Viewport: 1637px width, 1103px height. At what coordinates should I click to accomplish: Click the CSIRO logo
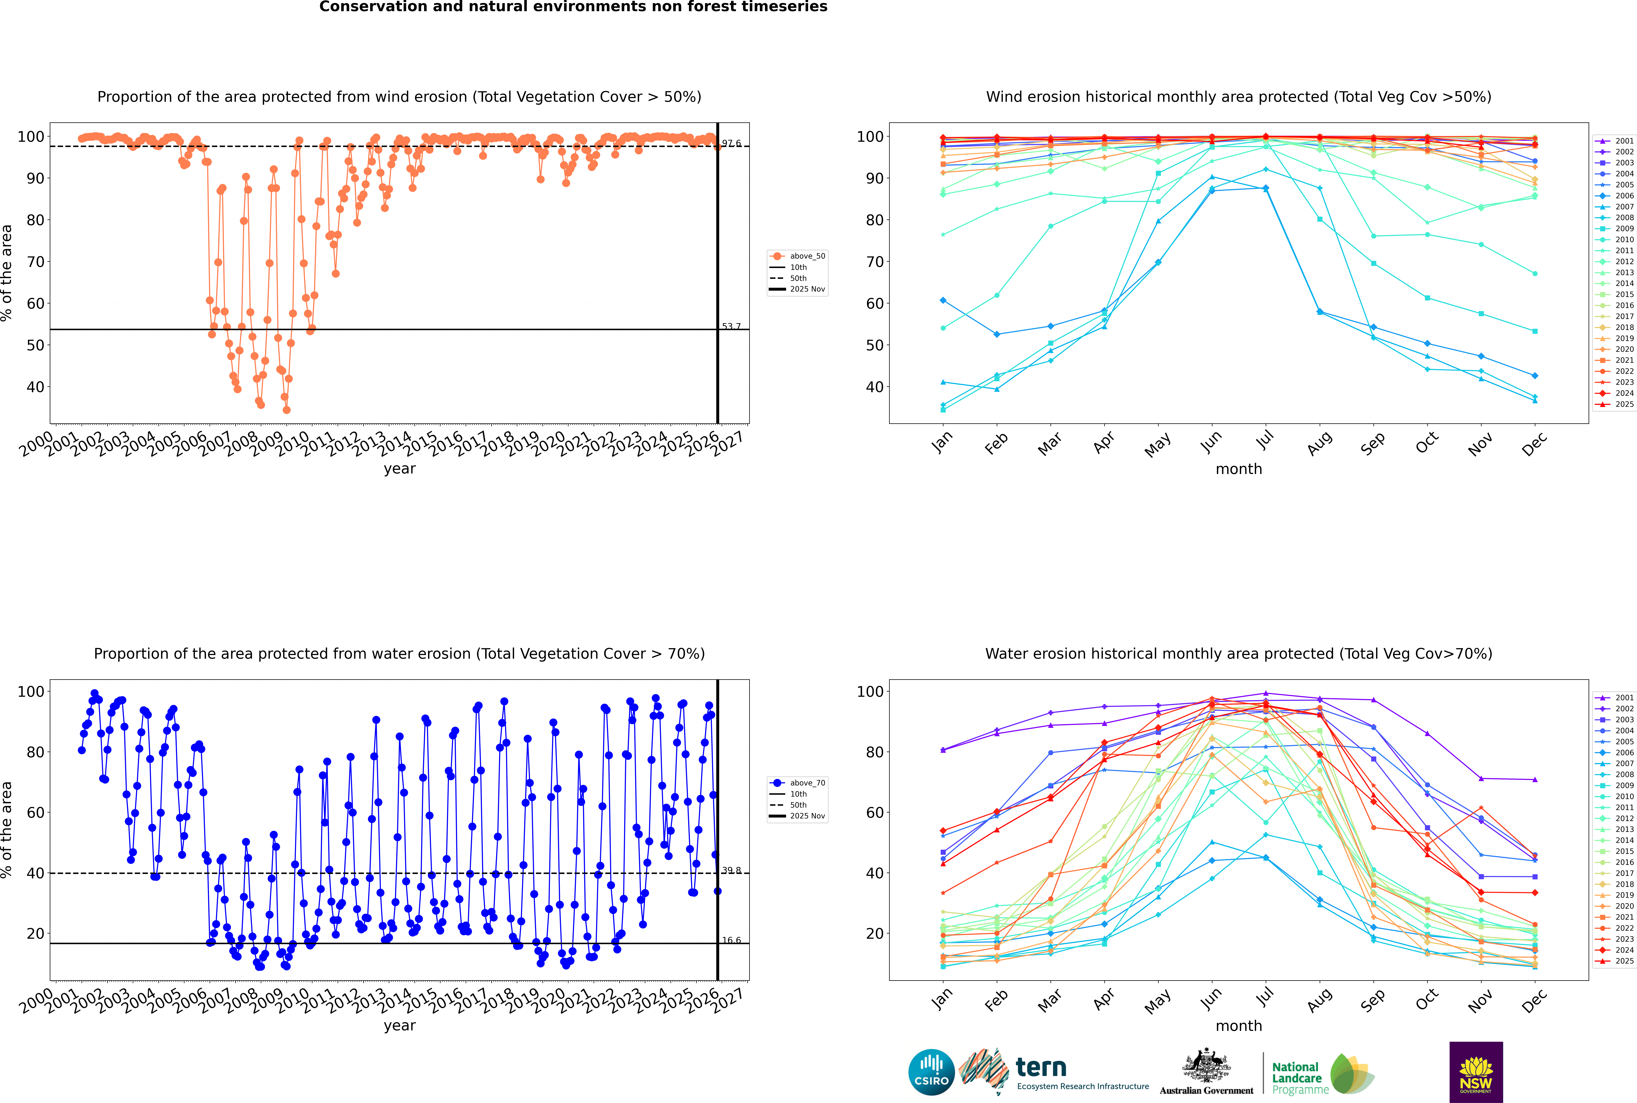(x=931, y=1072)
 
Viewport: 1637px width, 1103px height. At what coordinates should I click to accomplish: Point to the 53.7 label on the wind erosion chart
(x=731, y=326)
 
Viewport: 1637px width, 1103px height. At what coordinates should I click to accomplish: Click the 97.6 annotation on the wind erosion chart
(x=731, y=144)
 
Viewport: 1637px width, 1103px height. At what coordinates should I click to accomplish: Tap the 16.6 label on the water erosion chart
(x=731, y=940)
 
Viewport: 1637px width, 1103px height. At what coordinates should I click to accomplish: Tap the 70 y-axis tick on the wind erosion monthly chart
(x=874, y=262)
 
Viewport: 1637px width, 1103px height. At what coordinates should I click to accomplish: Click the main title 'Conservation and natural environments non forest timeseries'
(x=573, y=7)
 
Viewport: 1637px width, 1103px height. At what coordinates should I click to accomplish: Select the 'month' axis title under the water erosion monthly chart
(x=1239, y=1026)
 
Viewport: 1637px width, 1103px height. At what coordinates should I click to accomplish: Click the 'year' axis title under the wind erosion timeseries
(x=399, y=469)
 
